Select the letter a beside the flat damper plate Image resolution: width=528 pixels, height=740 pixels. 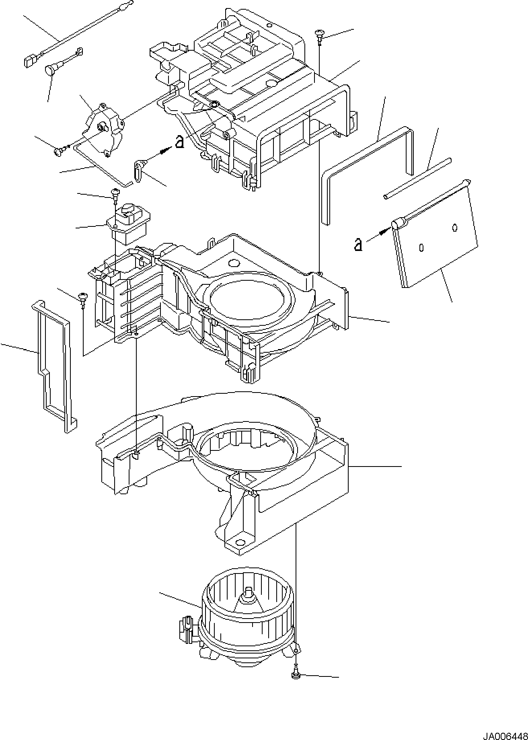[357, 244]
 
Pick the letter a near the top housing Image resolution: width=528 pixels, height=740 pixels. [180, 142]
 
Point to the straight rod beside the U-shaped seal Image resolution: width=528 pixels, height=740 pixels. [417, 179]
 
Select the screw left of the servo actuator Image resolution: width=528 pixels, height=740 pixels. [59, 151]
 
